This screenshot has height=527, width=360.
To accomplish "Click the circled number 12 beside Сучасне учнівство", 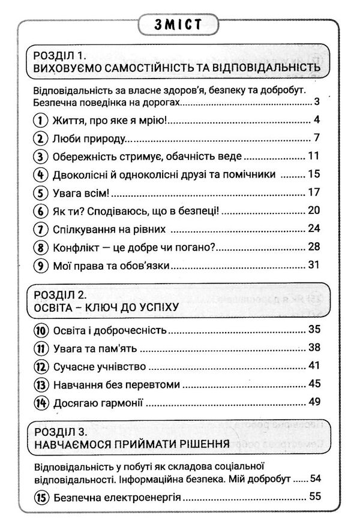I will pos(40,365).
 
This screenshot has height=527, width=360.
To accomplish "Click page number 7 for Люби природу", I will pos(316,138).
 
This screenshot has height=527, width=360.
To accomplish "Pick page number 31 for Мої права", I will pos(313,264).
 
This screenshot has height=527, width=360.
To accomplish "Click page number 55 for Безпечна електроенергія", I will pos(313,496).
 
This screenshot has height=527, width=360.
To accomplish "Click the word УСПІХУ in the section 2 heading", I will pos(154,308).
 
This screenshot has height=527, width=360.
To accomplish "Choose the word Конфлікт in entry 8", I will pos(74,247).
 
